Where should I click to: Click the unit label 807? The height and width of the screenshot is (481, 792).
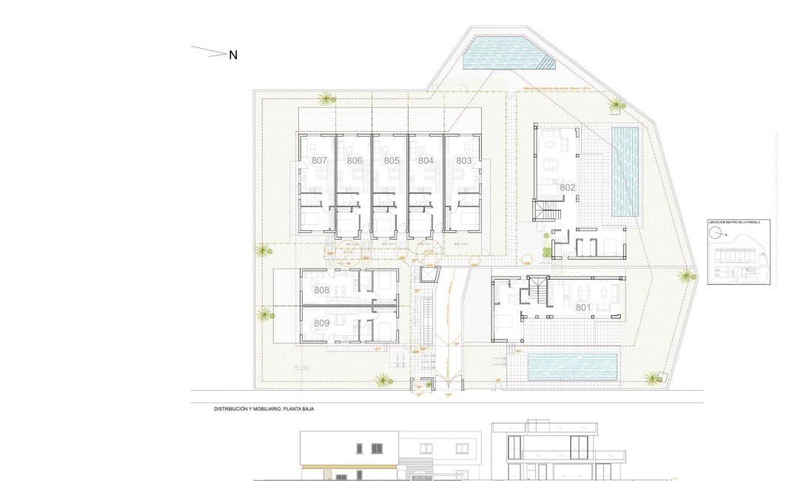[319, 161]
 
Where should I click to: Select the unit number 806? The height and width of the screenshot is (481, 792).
[355, 161]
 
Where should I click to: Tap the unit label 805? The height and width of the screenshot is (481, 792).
[392, 161]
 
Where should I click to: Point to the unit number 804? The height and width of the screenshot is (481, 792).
[426, 161]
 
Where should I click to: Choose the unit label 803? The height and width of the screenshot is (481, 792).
[463, 161]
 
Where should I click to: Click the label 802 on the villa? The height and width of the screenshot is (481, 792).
[568, 187]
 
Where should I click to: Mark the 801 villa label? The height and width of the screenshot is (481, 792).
[583, 306]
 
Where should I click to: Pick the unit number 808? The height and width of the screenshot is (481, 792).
[321, 291]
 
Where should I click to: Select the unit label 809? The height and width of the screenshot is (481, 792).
[321, 323]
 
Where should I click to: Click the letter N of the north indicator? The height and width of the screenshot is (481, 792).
[232, 55]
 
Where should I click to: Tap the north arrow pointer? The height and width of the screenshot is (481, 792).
[209, 52]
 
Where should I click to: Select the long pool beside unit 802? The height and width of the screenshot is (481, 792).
[625, 171]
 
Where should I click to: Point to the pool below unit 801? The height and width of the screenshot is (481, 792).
[573, 366]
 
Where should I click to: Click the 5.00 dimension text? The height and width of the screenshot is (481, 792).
[301, 368]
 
